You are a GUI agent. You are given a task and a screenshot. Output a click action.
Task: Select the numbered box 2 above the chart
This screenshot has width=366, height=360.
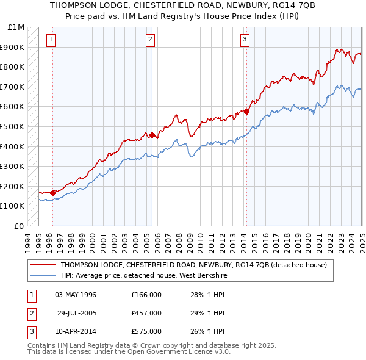pyautogui.click(x=150, y=40)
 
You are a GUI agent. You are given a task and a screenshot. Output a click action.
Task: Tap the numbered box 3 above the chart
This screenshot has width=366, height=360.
pyautogui.click(x=245, y=40)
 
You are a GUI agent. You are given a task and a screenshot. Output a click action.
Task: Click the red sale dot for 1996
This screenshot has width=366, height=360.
pyautogui.click(x=53, y=193)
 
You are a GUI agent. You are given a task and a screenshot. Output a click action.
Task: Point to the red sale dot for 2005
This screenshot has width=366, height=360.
pyautogui.click(x=152, y=135)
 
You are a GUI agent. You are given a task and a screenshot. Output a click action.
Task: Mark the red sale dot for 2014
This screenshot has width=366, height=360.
pyautogui.click(x=246, y=111)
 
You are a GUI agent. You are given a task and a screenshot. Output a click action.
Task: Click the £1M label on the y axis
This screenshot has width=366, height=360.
pyautogui.click(x=16, y=27)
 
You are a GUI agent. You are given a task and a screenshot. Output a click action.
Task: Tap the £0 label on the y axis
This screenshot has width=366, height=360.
pyautogui.click(x=20, y=226)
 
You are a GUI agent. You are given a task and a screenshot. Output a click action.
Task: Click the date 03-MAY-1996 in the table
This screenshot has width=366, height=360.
pyautogui.click(x=76, y=295)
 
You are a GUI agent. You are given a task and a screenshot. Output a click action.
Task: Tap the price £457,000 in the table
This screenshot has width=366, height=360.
pyautogui.click(x=146, y=313)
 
